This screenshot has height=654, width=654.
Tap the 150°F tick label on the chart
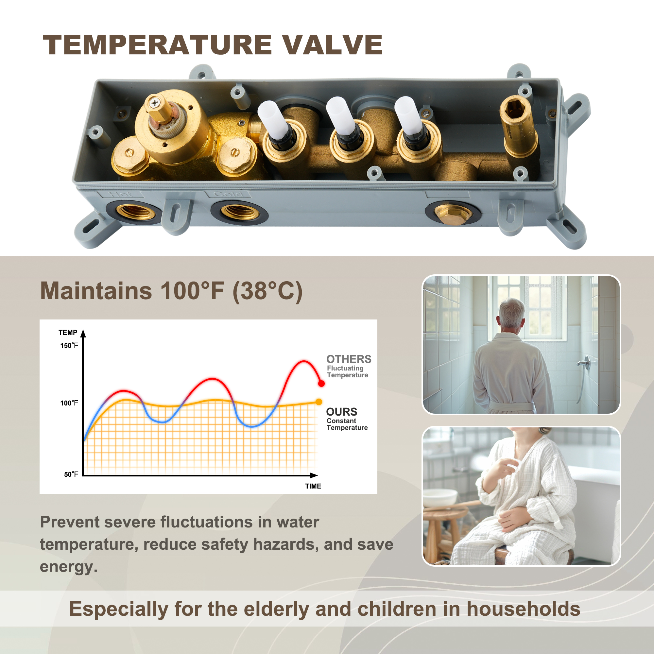(x=69, y=346)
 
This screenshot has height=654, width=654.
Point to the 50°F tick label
(x=71, y=474)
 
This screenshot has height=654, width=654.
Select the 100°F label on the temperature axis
(x=69, y=403)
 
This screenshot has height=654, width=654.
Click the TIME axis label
(x=313, y=486)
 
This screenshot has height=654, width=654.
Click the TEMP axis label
(x=68, y=333)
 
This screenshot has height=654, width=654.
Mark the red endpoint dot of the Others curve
(x=321, y=384)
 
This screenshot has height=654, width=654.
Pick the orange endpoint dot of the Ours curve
(x=319, y=402)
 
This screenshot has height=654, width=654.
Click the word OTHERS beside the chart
(x=349, y=359)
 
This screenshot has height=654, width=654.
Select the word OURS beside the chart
(x=342, y=412)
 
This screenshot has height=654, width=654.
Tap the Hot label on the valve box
(x=121, y=194)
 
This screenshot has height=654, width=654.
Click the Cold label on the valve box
(x=228, y=194)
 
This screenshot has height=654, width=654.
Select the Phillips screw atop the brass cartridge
(x=155, y=102)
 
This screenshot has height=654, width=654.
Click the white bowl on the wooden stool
(x=440, y=498)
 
